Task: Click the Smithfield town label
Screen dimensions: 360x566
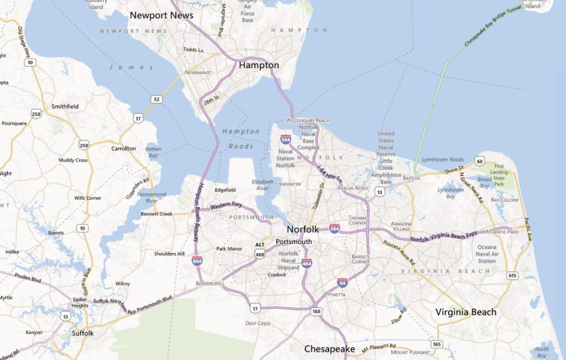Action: pyautogui.click(x=65, y=106)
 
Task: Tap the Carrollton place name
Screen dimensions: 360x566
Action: pyautogui.click(x=123, y=148)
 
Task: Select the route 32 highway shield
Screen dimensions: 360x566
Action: pyautogui.click(x=157, y=100)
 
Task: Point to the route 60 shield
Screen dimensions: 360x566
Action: pyautogui.click(x=480, y=162)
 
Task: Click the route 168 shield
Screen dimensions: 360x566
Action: pyautogui.click(x=316, y=312)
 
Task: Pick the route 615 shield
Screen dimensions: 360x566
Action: pyautogui.click(x=512, y=275)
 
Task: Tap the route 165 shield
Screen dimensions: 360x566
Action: pyautogui.click(x=436, y=344)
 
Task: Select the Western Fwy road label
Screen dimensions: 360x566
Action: pyautogui.click(x=226, y=205)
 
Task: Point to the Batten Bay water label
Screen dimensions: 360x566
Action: pyautogui.click(x=153, y=151)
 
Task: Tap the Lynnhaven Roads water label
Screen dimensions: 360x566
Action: pyautogui.click(x=443, y=159)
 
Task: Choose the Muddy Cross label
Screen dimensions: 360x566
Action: pyautogui.click(x=73, y=160)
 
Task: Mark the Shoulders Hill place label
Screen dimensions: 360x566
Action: pyautogui.click(x=169, y=254)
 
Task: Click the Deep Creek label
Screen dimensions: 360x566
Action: pyautogui.click(x=258, y=323)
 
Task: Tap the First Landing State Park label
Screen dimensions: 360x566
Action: pyautogui.click(x=500, y=175)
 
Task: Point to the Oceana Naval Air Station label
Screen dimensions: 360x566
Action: pyautogui.click(x=487, y=254)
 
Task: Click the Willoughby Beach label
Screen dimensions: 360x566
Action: pyautogui.click(x=308, y=120)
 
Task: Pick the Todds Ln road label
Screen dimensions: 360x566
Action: pyautogui.click(x=193, y=50)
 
